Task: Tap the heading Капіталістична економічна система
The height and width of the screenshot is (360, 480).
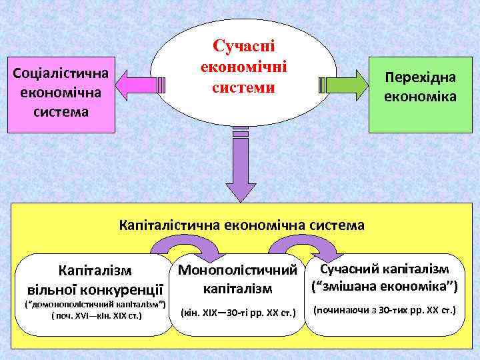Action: point(241,225)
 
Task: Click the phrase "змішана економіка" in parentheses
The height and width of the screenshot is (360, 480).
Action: point(385,287)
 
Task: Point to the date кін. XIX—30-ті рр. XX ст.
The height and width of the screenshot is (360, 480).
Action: point(238,312)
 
